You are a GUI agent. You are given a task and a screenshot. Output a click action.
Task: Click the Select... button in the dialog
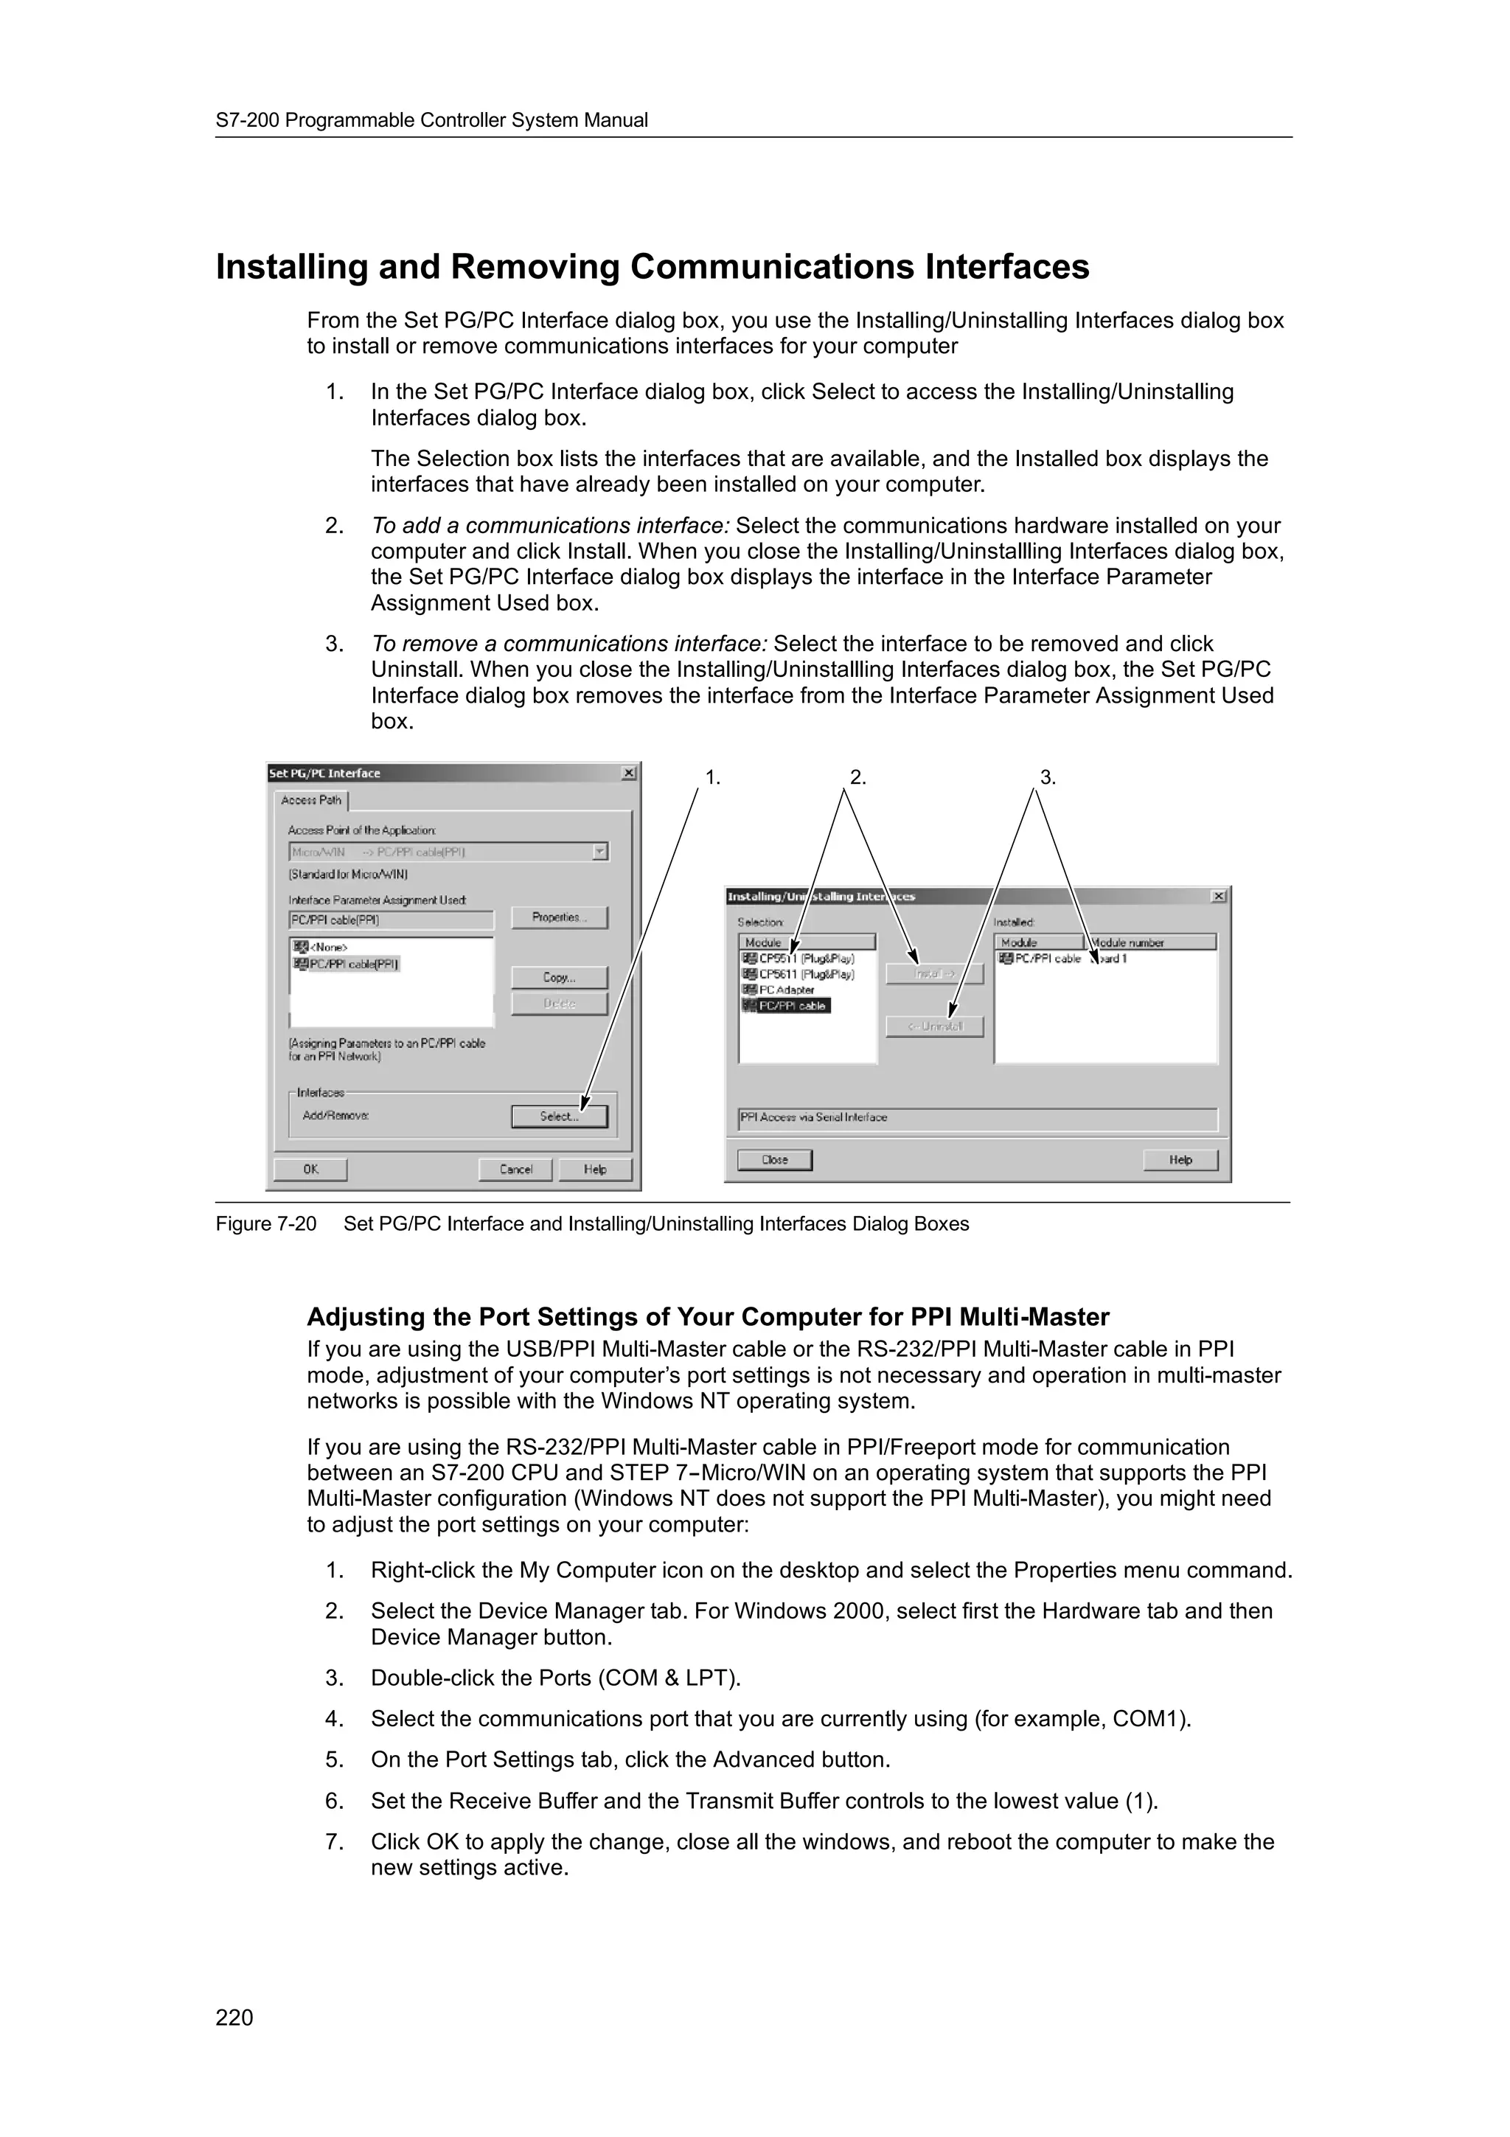[x=559, y=1116]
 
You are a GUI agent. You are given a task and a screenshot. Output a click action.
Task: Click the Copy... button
[x=559, y=977]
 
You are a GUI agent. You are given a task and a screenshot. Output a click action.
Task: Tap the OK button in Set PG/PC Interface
[x=310, y=1169]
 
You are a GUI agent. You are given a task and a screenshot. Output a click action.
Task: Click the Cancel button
[x=515, y=1169]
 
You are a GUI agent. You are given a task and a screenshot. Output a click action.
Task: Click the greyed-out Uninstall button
[x=934, y=1026]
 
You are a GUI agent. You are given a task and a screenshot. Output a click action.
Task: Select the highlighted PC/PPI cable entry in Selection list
[x=792, y=1006]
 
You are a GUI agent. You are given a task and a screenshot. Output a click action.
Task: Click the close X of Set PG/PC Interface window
[x=629, y=774]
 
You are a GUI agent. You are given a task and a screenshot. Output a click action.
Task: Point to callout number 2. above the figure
[x=857, y=778]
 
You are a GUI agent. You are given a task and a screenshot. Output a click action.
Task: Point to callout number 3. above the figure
[x=1048, y=778]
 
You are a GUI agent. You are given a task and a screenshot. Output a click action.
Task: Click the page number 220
[x=234, y=2018]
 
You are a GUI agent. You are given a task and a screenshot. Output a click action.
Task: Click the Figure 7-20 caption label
[x=266, y=1224]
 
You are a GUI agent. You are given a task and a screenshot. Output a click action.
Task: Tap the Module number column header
[x=1151, y=943]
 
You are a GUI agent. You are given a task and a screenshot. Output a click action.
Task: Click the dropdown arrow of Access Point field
[x=600, y=852]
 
